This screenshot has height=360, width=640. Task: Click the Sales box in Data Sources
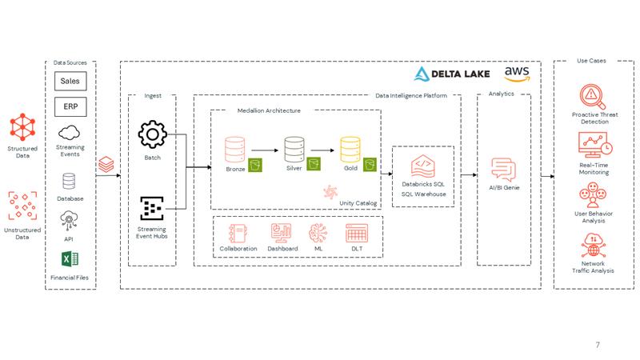point(70,81)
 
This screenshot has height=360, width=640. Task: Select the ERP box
point(70,106)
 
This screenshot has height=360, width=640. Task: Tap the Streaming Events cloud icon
point(69,133)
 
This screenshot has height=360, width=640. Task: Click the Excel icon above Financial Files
point(70,259)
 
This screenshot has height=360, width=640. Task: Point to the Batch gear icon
point(152,134)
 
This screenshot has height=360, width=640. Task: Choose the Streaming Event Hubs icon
point(152,208)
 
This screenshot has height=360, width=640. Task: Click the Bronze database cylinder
point(235,150)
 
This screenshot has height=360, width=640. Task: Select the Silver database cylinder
point(294,150)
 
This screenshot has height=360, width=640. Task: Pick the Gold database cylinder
point(350,150)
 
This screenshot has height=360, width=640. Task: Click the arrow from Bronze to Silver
point(265,150)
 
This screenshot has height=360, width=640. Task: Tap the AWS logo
point(517,74)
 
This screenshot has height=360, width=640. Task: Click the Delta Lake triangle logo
point(422,74)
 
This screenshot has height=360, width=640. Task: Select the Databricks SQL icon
point(423,166)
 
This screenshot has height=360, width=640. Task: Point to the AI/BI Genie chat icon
point(504,170)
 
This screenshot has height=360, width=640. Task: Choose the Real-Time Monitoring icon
point(595,145)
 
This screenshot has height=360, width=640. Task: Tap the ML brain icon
point(318,233)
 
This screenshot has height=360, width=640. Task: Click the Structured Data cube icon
point(22,127)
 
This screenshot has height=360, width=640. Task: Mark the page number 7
point(598,345)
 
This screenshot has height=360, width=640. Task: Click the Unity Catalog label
point(358,203)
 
